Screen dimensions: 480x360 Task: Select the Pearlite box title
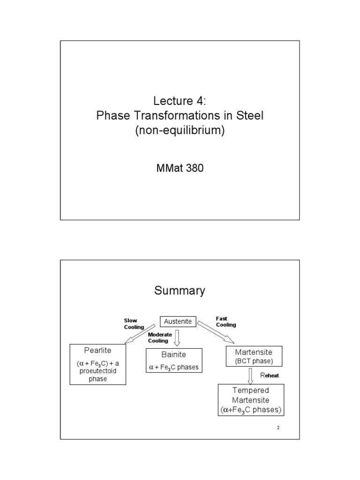pyautogui.click(x=98, y=350)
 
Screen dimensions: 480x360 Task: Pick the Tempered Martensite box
pyautogui.click(x=250, y=400)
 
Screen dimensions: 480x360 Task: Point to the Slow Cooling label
pyautogui.click(x=130, y=323)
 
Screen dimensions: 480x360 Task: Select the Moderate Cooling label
pyautogui.click(x=160, y=337)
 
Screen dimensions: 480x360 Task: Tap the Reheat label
pyautogui.click(x=272, y=375)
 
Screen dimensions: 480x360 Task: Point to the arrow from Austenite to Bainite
pyautogui.click(x=177, y=337)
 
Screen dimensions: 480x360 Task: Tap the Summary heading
pyautogui.click(x=180, y=291)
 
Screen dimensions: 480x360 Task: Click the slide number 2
pyautogui.click(x=278, y=427)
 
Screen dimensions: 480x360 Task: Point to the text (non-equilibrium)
pyautogui.click(x=180, y=131)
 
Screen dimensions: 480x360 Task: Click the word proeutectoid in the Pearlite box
pyautogui.click(x=98, y=371)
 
